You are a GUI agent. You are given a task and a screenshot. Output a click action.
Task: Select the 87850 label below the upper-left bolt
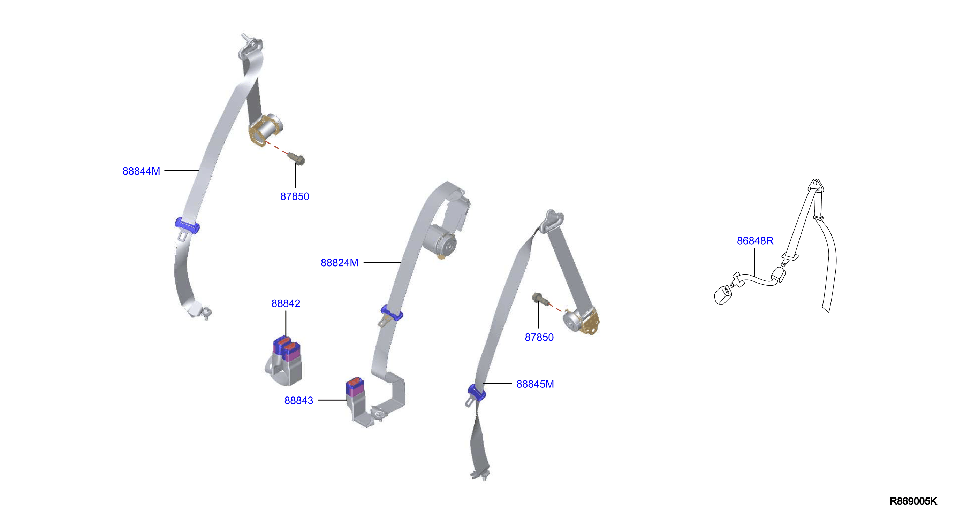[x=295, y=196]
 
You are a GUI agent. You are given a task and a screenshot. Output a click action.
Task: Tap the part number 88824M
[x=339, y=263]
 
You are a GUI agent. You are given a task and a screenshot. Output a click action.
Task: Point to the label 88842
[x=286, y=303]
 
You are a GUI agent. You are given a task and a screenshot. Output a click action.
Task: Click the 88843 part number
[x=299, y=401]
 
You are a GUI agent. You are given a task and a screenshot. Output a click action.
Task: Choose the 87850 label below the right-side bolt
[x=539, y=338]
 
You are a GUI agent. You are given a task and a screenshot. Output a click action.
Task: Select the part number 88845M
[x=535, y=384]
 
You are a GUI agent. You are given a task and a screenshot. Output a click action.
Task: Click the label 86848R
[x=755, y=241]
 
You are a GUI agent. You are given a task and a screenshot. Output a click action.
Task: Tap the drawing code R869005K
[x=913, y=501]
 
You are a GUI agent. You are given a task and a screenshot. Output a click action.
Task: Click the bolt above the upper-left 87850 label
[x=296, y=159]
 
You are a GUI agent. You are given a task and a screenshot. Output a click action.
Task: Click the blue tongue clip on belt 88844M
[x=187, y=225]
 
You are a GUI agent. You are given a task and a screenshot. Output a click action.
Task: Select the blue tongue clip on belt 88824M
[x=392, y=312]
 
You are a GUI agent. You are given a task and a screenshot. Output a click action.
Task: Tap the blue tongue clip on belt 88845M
[x=477, y=393]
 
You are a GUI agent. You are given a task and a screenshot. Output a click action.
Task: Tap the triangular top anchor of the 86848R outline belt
[x=816, y=185]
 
